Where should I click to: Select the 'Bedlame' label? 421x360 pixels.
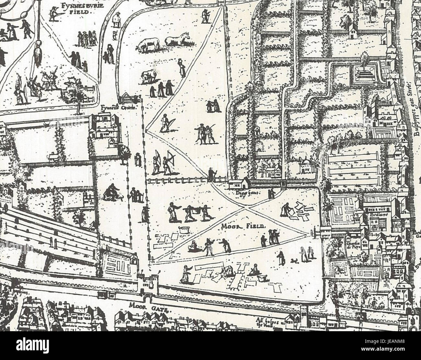[x=377, y=215]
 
